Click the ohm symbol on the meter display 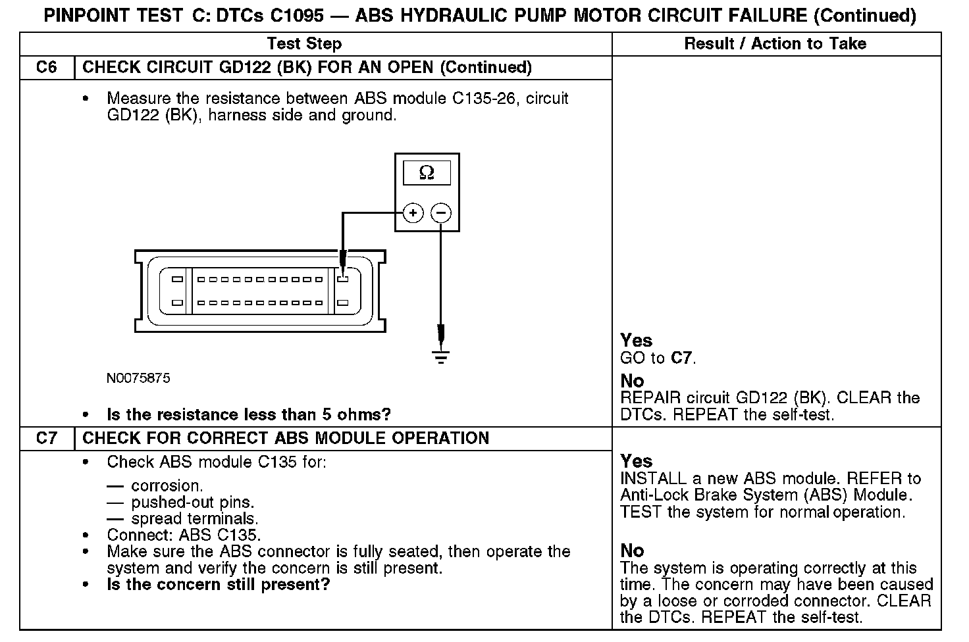coord(427,173)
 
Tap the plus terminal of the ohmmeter coord(413,213)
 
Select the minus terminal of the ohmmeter coord(441,213)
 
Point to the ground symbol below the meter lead coord(441,357)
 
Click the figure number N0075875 coord(138,378)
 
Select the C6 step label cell coord(47,67)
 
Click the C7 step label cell coord(47,438)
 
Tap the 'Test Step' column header coord(304,44)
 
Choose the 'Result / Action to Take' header coord(775,44)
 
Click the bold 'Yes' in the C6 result coord(636,340)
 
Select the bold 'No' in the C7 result coord(632,551)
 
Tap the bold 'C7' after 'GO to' coord(682,358)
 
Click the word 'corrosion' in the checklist coord(167,486)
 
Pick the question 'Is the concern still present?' coord(218,585)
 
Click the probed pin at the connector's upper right coord(342,279)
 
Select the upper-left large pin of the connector coord(177,279)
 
